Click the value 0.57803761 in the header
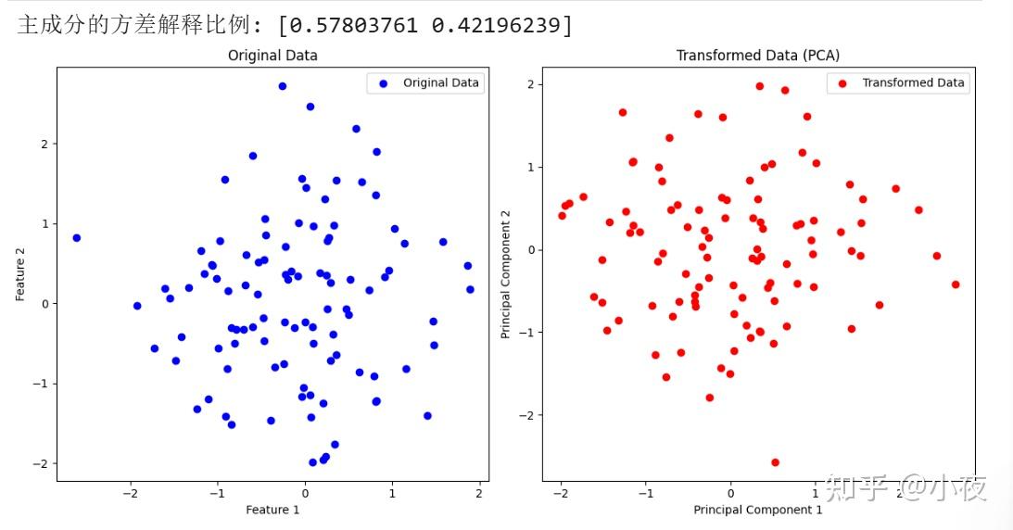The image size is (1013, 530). (353, 26)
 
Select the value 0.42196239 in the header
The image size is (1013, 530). (496, 26)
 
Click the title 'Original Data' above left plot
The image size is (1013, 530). (272, 56)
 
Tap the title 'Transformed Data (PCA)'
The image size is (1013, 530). (758, 56)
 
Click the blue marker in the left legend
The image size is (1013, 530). (384, 83)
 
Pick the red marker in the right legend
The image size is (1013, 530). (842, 83)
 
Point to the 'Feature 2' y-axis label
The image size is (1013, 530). (20, 274)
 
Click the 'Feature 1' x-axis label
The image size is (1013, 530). (272, 510)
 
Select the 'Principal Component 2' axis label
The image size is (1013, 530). (505, 274)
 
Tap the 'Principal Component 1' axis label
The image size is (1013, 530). (758, 510)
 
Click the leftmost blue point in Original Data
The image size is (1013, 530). (77, 238)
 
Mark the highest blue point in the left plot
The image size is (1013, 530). (283, 86)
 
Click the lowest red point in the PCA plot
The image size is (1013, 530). (775, 462)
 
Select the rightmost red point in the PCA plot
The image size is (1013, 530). (956, 284)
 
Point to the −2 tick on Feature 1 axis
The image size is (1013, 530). (131, 494)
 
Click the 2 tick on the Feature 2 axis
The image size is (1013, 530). (44, 144)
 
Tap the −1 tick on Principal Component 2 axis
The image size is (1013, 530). (527, 333)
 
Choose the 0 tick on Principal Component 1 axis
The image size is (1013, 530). (730, 494)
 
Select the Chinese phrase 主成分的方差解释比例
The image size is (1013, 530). (133, 26)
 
